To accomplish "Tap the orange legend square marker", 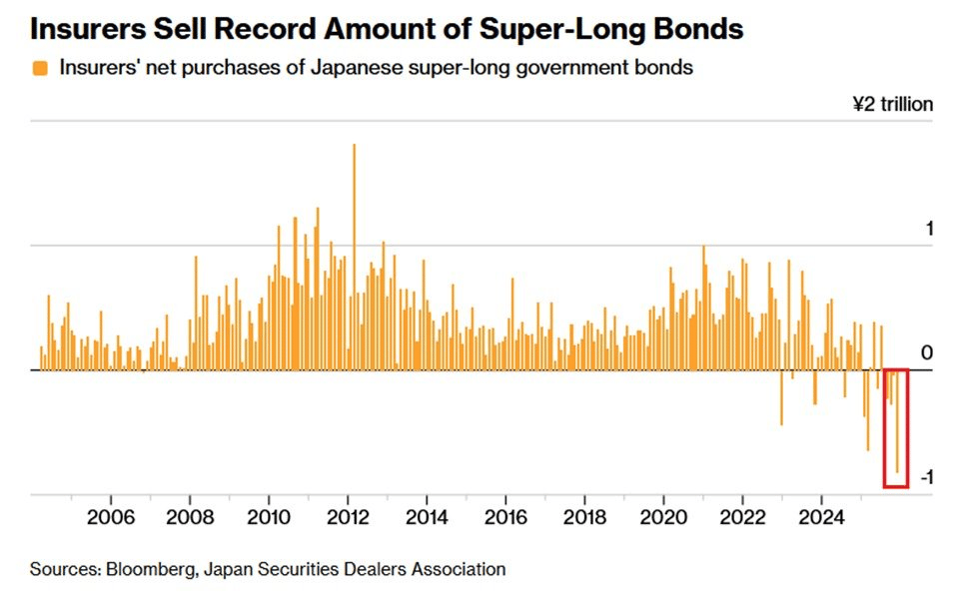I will (40, 68).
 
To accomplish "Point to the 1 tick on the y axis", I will (929, 229).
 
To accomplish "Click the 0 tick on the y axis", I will (927, 352).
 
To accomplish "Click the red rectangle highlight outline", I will (885, 429).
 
